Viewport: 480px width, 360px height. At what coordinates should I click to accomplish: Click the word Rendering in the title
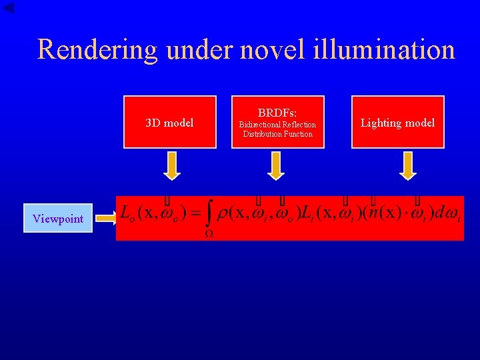click(96, 50)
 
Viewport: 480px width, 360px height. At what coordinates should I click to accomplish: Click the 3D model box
click(170, 122)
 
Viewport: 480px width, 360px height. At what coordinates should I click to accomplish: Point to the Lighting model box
click(397, 122)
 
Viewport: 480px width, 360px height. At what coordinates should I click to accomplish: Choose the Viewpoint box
click(58, 219)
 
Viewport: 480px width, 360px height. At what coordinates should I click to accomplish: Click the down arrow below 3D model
click(171, 165)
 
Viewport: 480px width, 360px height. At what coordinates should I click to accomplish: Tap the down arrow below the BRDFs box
click(275, 165)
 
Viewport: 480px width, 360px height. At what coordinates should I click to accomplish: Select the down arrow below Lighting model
click(407, 165)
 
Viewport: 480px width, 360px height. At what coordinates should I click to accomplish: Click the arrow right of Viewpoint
click(105, 218)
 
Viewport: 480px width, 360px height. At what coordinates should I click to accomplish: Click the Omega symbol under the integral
click(208, 234)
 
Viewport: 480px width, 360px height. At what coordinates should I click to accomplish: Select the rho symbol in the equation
click(224, 215)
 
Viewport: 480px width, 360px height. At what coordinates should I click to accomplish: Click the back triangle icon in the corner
click(9, 7)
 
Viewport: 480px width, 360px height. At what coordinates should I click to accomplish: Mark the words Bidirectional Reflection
click(277, 125)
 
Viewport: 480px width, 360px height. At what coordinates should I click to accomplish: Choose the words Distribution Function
click(277, 134)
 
